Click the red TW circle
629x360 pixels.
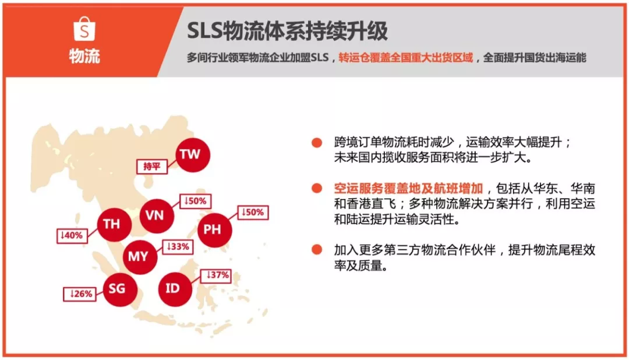point(193,155)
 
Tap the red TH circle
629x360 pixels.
point(114,224)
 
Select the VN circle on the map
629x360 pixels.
point(157,216)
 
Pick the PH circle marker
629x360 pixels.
point(214,230)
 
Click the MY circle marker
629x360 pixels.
point(140,257)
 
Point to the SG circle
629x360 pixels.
point(120,289)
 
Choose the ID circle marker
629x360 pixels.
point(175,289)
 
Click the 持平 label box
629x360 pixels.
point(151,166)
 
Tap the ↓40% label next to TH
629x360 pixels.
point(72,235)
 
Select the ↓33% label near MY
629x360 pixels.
point(178,247)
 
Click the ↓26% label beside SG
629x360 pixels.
point(80,294)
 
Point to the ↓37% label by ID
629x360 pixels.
point(216,276)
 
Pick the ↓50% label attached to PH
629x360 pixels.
point(253,212)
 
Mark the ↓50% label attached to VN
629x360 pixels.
point(195,201)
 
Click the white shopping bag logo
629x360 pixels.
point(84,29)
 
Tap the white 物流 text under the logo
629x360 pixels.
point(84,56)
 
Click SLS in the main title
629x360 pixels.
point(204,31)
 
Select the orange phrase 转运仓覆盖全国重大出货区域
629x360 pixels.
point(405,58)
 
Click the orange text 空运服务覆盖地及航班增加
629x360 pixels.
point(408,188)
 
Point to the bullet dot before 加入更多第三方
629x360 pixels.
point(317,250)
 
